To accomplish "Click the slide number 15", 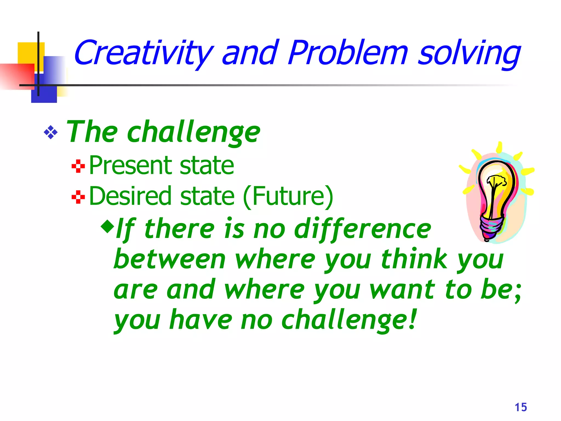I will tap(521, 407).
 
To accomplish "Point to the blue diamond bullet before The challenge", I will tap(51, 133).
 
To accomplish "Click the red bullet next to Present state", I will tap(78, 166).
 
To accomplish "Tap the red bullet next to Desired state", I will tap(78, 197).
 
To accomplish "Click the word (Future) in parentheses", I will tap(288, 196).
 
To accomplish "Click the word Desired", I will tap(130, 196).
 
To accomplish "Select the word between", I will tap(170, 259).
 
